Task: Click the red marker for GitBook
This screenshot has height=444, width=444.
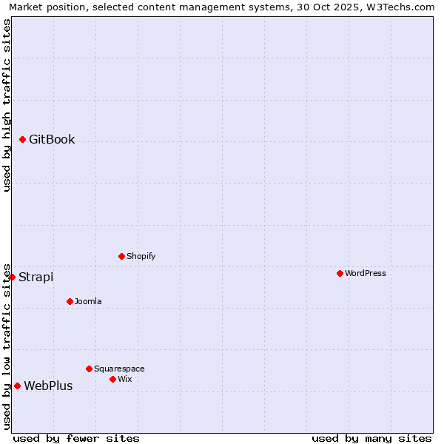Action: coord(22,139)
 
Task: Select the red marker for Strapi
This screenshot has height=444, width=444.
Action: coord(12,277)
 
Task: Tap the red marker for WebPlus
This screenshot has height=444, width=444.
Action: coord(17,386)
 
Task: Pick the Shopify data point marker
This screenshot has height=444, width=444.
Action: coord(121,256)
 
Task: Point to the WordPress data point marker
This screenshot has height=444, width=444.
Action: coord(340,273)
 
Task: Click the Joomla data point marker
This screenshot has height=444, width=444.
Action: coord(70,301)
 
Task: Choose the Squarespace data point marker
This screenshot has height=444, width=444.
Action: coord(89,369)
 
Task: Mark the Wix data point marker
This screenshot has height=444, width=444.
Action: coord(112,379)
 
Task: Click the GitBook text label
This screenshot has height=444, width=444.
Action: coord(52,139)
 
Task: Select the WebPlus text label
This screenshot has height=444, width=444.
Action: coord(48,386)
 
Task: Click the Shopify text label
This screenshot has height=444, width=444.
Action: coord(141,256)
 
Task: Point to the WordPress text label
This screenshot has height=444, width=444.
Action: coord(365,273)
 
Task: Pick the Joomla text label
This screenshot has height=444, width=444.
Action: coord(88,301)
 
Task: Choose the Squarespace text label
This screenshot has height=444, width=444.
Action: coord(119,369)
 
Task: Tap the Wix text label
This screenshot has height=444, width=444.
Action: coord(124,379)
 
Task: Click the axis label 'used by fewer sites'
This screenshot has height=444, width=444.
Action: coord(76,438)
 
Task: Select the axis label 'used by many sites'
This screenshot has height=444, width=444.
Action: coord(371,438)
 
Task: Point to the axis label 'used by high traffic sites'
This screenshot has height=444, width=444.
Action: coord(7,105)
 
